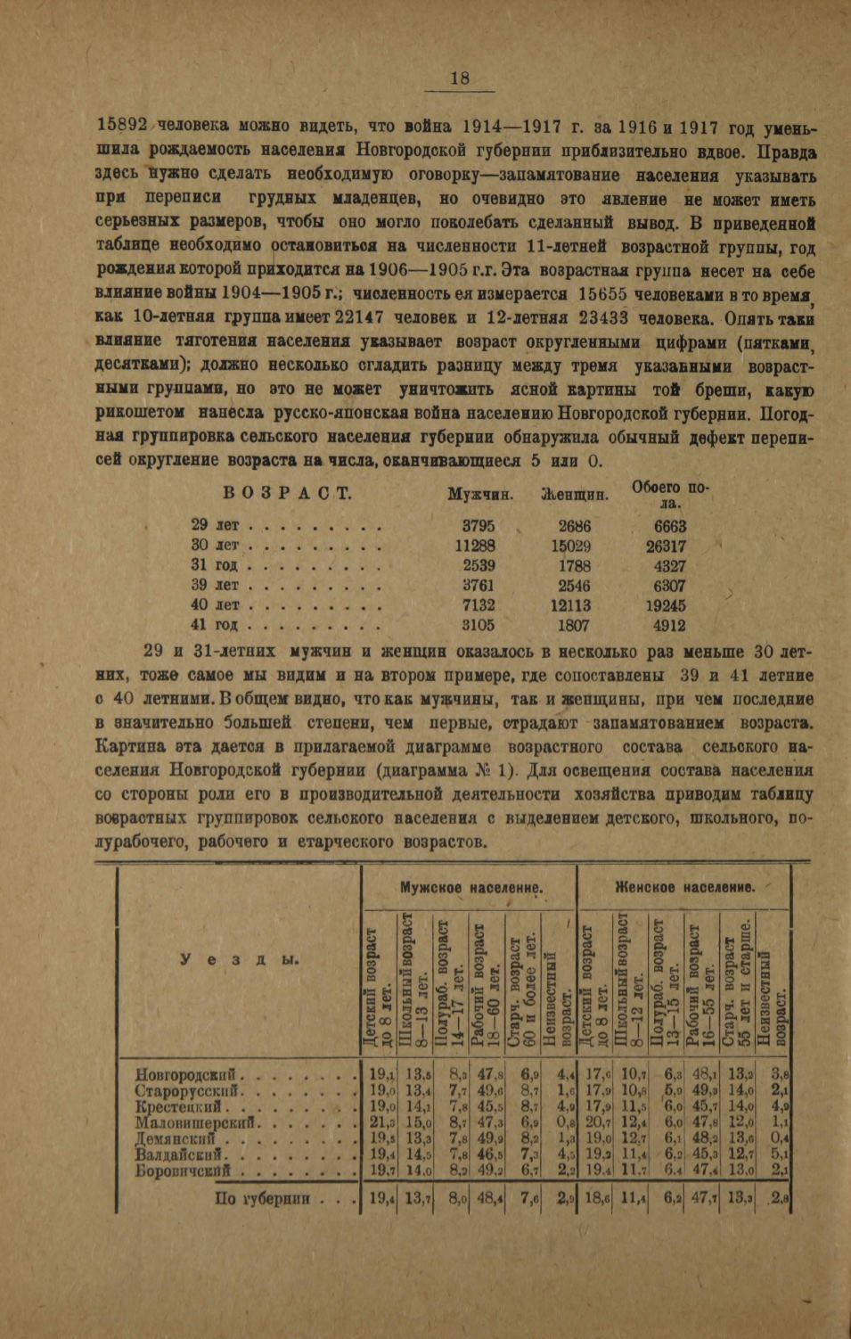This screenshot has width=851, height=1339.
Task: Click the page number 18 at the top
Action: click(x=460, y=78)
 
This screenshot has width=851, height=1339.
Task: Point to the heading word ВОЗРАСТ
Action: click(x=286, y=493)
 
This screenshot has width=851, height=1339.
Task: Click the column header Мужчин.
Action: click(x=480, y=494)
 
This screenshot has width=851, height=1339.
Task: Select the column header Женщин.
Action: click(x=575, y=494)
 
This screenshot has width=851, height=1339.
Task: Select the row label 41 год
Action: click(x=213, y=626)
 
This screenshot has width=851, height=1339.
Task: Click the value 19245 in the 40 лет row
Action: click(x=666, y=606)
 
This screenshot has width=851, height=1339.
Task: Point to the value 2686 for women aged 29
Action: click(x=574, y=527)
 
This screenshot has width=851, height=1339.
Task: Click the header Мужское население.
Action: click(x=471, y=888)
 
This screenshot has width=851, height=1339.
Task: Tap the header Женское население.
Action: click(x=684, y=887)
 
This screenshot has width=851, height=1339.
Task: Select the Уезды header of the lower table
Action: click(x=240, y=959)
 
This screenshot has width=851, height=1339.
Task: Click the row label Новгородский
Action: click(x=184, y=1074)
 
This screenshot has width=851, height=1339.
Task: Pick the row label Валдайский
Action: click(x=177, y=1154)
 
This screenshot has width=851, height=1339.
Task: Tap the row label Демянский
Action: click(x=176, y=1138)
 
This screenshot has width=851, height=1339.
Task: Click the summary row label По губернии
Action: click(x=262, y=1198)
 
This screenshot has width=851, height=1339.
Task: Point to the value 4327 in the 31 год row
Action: click(x=669, y=566)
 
